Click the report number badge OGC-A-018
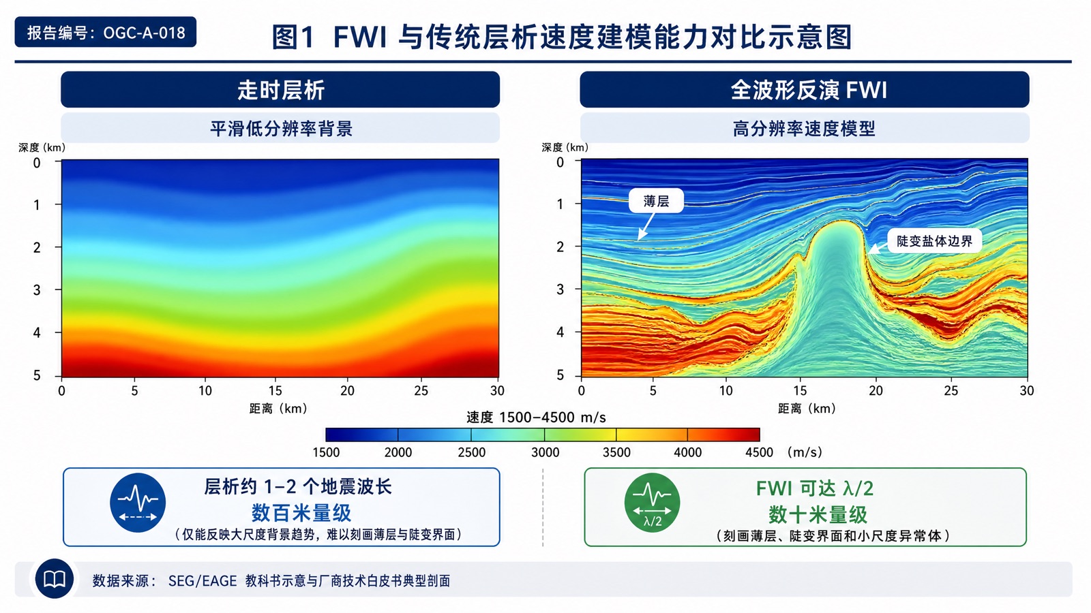point(105,32)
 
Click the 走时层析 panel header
point(280,89)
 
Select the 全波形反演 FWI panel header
point(804,89)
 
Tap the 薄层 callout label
point(656,201)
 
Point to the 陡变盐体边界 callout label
point(934,241)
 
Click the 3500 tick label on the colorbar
point(616,452)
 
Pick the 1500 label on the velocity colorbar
point(326,452)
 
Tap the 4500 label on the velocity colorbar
point(759,452)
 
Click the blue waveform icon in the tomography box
point(138,503)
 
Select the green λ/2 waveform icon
point(652,503)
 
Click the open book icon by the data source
point(55,579)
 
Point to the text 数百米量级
point(301,513)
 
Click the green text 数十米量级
point(818,514)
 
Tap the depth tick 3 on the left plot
point(37,290)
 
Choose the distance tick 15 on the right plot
point(800,391)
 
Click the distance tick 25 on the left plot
point(421,391)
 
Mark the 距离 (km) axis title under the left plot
point(278,409)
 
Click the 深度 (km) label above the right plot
point(565,147)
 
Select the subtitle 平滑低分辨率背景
point(281,129)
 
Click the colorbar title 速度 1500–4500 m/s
point(536,418)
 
